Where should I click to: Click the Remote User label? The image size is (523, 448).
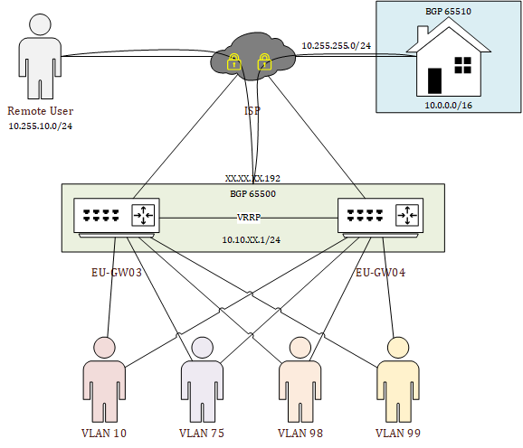(41, 111)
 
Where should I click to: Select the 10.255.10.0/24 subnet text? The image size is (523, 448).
(41, 126)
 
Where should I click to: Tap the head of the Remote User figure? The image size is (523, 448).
(40, 24)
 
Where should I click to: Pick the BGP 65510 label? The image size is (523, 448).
(448, 12)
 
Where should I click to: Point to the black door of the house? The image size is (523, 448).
(434, 81)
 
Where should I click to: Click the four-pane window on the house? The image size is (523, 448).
(463, 65)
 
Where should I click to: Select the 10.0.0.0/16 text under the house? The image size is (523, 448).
(448, 106)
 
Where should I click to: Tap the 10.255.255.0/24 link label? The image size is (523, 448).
(337, 45)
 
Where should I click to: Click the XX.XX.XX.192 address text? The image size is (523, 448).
(252, 179)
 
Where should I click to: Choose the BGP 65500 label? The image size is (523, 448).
(252, 193)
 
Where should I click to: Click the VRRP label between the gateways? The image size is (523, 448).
(249, 218)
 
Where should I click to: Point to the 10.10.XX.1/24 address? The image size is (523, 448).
(252, 239)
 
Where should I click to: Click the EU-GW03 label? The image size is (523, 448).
(117, 273)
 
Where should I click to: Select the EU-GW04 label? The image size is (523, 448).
(380, 273)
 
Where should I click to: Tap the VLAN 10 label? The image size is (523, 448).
(104, 433)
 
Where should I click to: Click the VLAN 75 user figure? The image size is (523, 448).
(202, 379)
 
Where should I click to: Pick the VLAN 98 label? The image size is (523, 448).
(300, 433)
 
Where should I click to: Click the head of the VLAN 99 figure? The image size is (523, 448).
(398, 348)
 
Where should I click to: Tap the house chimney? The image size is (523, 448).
(423, 33)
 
